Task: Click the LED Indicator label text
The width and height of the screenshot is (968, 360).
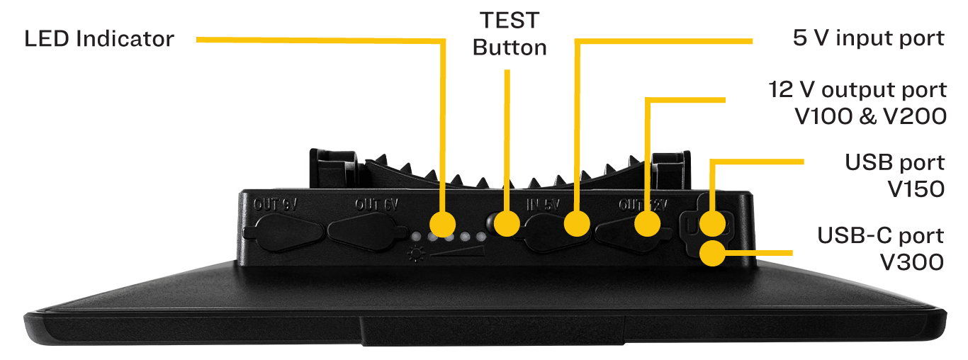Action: point(99,38)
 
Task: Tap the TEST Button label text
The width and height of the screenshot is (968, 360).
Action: point(510,34)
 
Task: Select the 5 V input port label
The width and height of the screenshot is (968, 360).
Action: point(869,38)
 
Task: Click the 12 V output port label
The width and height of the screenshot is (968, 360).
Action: point(857,103)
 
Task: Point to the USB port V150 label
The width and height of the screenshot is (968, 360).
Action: point(894,175)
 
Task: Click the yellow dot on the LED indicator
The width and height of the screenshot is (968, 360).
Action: point(443,224)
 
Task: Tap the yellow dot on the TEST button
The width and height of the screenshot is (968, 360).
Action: point(507,224)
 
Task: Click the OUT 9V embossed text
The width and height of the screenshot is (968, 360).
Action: point(275,205)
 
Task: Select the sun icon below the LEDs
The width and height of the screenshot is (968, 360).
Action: point(415,252)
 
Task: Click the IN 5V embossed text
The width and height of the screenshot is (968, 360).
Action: point(543,205)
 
